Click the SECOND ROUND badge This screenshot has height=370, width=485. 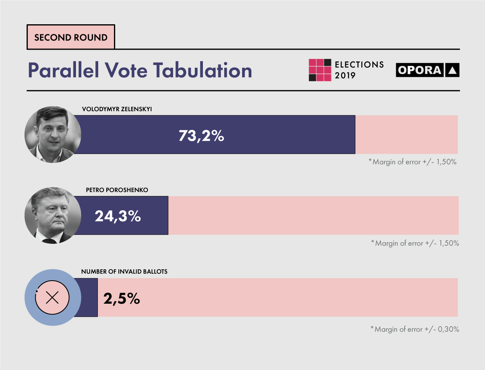pos(71,38)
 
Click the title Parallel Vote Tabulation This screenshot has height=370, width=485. pos(140,70)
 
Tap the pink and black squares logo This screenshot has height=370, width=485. pos(320,70)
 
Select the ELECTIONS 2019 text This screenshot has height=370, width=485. pos(359,70)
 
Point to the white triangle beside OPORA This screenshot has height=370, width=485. pos(452,70)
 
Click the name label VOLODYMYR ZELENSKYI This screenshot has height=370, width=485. pos(117,109)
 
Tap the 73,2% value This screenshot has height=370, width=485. pos(201,136)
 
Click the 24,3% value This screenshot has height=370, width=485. pos(118,216)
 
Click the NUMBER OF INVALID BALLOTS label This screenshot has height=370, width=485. pos(124,272)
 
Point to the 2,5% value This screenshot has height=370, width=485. pos(122,298)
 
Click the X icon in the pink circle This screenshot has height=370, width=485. pos(53,298)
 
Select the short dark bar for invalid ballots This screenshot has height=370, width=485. pos(89,298)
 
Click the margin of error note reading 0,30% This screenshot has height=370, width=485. pos(415,329)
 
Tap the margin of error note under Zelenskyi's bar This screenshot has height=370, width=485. pos(413,162)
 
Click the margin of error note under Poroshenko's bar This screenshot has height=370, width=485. pos(415,243)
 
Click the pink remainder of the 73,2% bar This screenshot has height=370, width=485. pos(406,135)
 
